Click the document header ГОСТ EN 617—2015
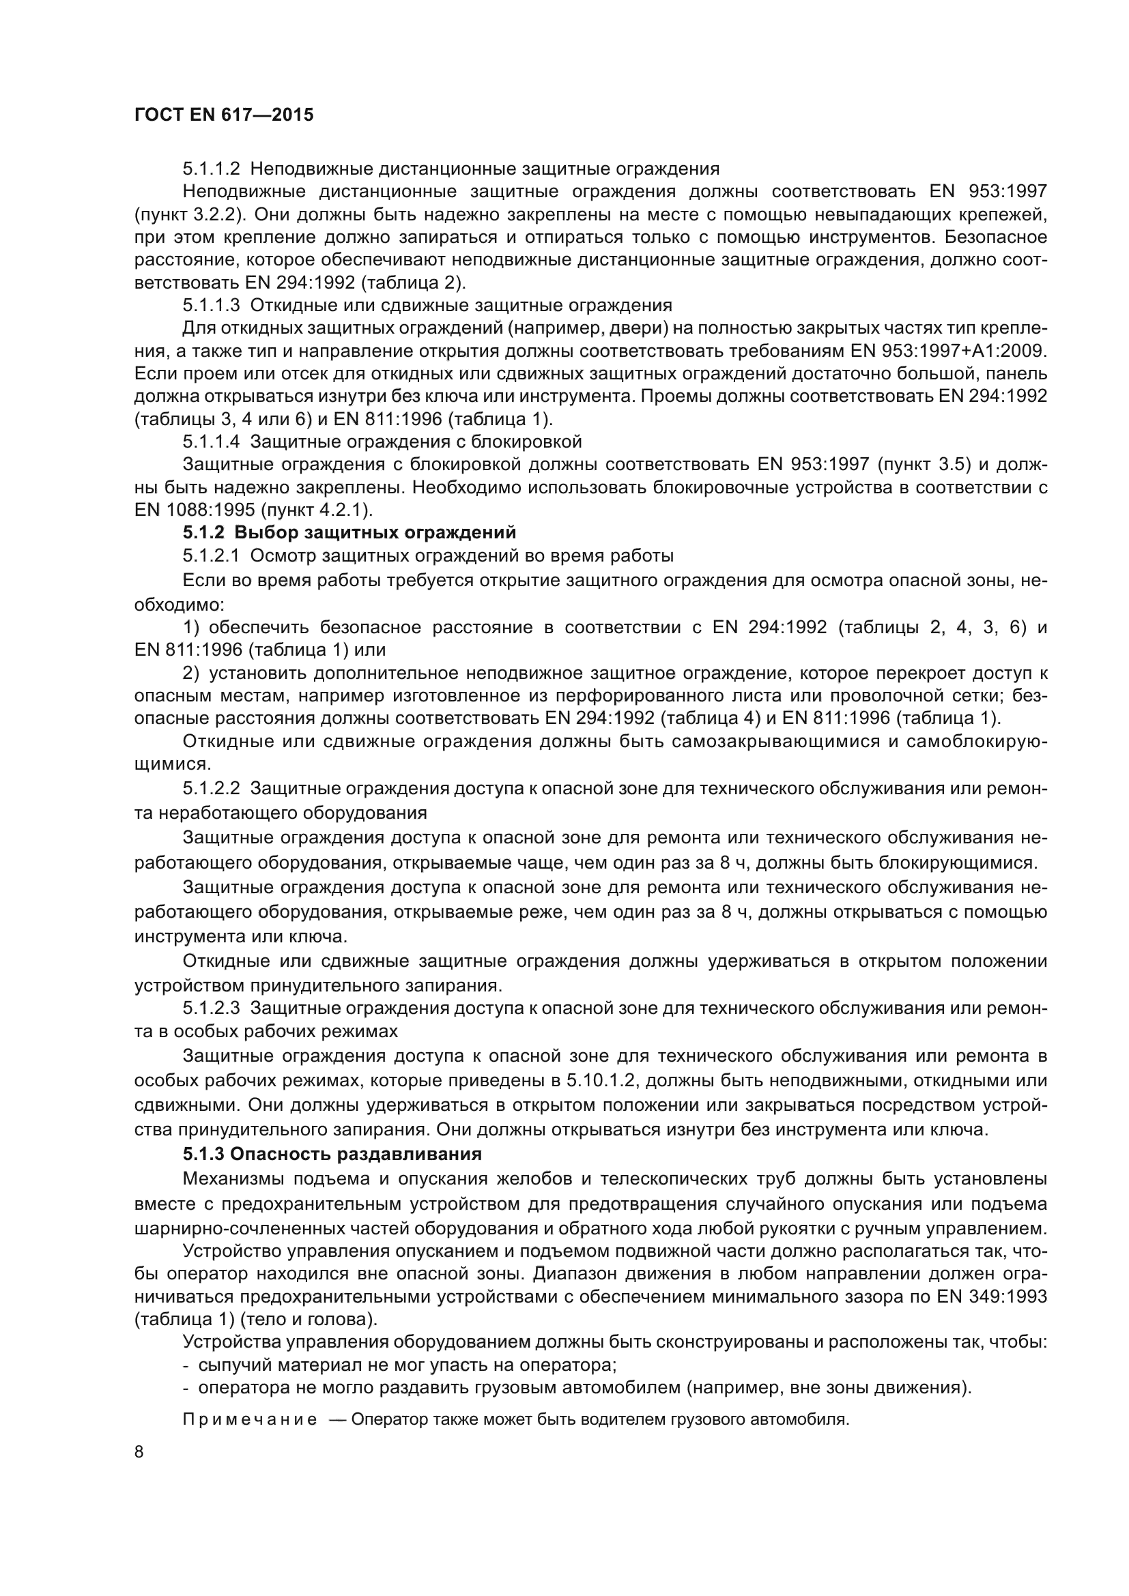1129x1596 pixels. click(x=223, y=115)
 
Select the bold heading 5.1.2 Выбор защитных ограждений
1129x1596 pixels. click(x=349, y=533)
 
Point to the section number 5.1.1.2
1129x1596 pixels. click(x=212, y=169)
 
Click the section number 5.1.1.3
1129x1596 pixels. click(x=212, y=305)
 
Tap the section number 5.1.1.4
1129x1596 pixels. click(x=212, y=441)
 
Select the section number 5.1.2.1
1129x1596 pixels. click(x=212, y=556)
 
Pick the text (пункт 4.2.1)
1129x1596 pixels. click(x=317, y=510)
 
